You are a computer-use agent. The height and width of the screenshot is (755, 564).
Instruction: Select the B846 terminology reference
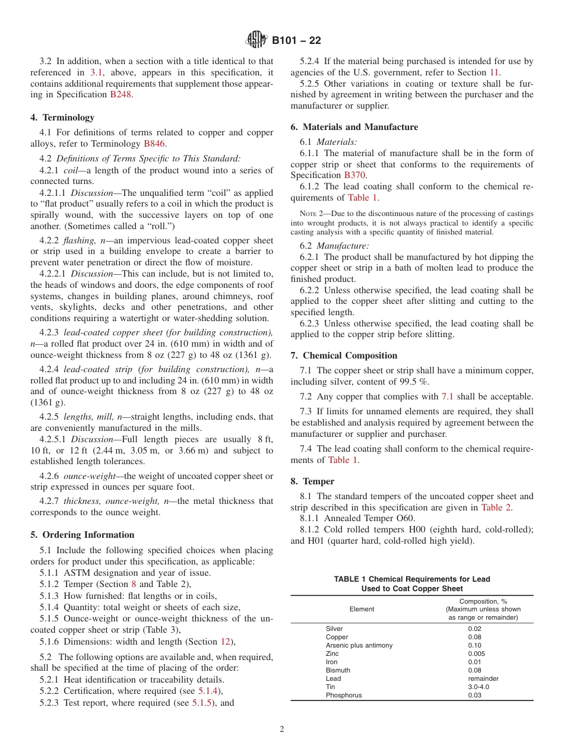[155, 143]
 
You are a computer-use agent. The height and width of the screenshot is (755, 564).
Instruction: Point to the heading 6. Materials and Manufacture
[354, 127]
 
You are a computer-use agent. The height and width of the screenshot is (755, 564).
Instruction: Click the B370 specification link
[355, 175]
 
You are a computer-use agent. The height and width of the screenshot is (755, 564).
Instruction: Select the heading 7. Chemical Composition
[344, 356]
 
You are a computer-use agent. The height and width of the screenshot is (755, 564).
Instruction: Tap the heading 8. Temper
[312, 481]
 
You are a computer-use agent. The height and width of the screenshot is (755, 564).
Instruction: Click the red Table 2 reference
[496, 507]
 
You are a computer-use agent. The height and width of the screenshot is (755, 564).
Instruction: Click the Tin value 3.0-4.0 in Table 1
[479, 687]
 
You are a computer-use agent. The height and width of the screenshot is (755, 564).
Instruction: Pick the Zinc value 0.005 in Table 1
[476, 654]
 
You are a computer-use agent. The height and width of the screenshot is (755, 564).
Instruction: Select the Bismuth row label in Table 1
[338, 670]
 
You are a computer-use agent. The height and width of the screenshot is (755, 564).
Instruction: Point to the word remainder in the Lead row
[483, 678]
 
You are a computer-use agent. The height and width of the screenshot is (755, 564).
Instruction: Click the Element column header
[362, 609]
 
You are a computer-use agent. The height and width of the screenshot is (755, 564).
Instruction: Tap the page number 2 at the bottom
[282, 729]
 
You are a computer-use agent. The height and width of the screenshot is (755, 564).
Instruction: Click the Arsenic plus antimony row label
[359, 645]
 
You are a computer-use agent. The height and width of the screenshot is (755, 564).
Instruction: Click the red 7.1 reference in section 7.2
[448, 396]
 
